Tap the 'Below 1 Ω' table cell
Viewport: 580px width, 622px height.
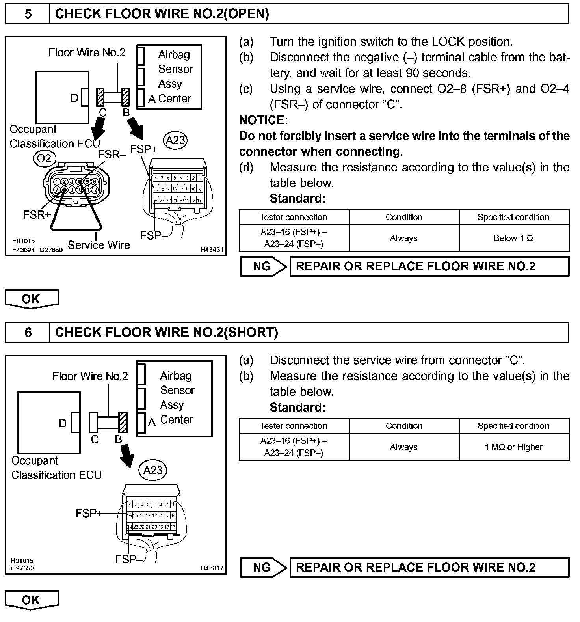pos(513,238)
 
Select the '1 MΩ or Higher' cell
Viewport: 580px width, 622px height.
pos(513,447)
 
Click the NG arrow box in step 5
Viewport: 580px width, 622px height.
pos(263,266)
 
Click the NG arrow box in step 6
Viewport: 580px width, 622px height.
pos(263,568)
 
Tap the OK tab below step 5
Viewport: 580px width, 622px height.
pos(31,299)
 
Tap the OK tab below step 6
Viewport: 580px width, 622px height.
pos(31,600)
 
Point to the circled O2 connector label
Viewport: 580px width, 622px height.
pos(45,158)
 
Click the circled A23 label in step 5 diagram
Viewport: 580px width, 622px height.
pos(175,140)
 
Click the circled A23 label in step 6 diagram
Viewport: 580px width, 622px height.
pos(153,470)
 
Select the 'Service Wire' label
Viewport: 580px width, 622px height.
pos(99,245)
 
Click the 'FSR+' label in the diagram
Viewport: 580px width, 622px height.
pos(37,215)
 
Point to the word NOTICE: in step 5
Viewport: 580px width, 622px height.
pos(264,120)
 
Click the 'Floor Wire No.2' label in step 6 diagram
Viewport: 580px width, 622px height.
pos(90,376)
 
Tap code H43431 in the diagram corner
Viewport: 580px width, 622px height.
pos(212,250)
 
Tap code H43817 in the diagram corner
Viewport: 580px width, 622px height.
pos(212,568)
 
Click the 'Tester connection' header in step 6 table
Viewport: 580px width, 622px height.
pos(294,426)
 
